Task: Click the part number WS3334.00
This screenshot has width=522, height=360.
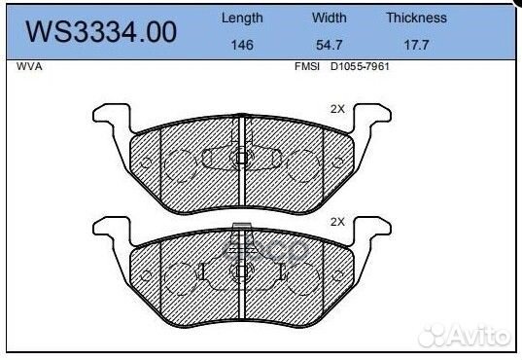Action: (x=101, y=32)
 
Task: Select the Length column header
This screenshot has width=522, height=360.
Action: (x=242, y=18)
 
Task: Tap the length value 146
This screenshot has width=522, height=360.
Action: (x=242, y=45)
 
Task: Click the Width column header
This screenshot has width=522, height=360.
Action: (x=329, y=18)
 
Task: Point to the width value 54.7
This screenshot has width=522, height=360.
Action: (x=329, y=45)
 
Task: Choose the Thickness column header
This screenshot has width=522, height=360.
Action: (x=416, y=18)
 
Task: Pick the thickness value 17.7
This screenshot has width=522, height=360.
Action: (x=416, y=45)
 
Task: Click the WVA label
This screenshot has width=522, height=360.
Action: (x=29, y=67)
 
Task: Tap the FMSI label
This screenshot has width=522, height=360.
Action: (x=307, y=67)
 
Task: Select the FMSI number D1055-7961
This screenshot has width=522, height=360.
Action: (x=360, y=67)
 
